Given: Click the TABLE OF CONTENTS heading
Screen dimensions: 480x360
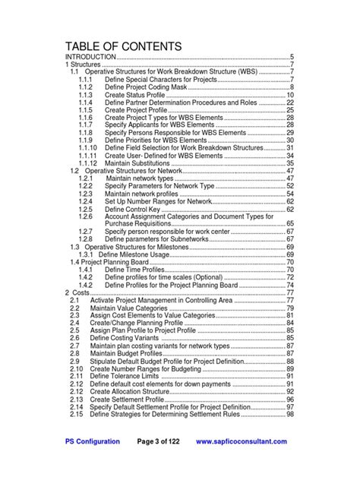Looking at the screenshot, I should pos(124,46).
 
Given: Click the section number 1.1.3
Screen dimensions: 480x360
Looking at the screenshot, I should pos(85,95).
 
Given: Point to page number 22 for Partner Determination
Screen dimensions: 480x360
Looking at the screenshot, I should pos(289,103).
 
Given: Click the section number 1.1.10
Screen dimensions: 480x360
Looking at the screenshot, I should pos(87,148).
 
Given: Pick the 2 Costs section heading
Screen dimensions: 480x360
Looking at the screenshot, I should pos(79,292).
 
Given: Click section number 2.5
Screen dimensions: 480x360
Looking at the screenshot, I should pos(74,330).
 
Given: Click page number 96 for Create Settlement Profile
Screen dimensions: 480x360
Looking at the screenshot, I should pos(289,399).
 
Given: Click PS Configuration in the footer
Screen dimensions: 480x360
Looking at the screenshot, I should pos(92,442).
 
